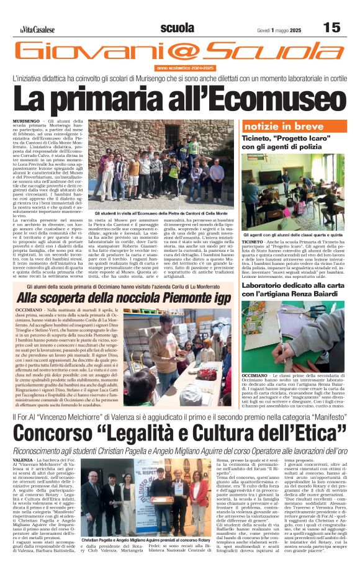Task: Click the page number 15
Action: (332, 27)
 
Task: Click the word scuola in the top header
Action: (177, 27)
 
